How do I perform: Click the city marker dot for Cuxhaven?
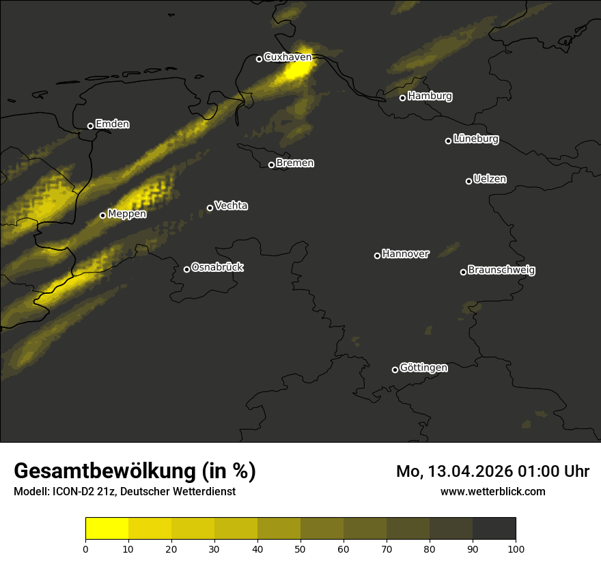click(x=259, y=59)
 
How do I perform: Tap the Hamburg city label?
click(x=430, y=96)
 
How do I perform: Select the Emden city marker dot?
click(x=90, y=126)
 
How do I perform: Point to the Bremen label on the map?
click(x=295, y=164)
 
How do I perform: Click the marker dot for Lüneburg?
click(x=448, y=141)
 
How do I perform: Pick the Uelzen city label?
click(x=490, y=179)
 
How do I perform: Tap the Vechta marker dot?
click(x=210, y=208)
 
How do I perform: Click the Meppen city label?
click(x=127, y=214)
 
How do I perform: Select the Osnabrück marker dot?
click(x=186, y=269)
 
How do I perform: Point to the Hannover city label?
click(x=406, y=254)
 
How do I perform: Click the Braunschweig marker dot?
click(x=463, y=272)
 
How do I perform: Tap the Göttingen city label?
click(x=423, y=368)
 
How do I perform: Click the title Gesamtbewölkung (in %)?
click(x=135, y=471)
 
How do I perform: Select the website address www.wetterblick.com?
click(x=492, y=491)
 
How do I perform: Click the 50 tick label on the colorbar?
click(x=300, y=549)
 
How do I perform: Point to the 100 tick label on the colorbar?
click(x=516, y=549)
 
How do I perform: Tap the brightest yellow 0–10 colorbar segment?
click(x=107, y=528)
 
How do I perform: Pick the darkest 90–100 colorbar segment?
click(x=494, y=528)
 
